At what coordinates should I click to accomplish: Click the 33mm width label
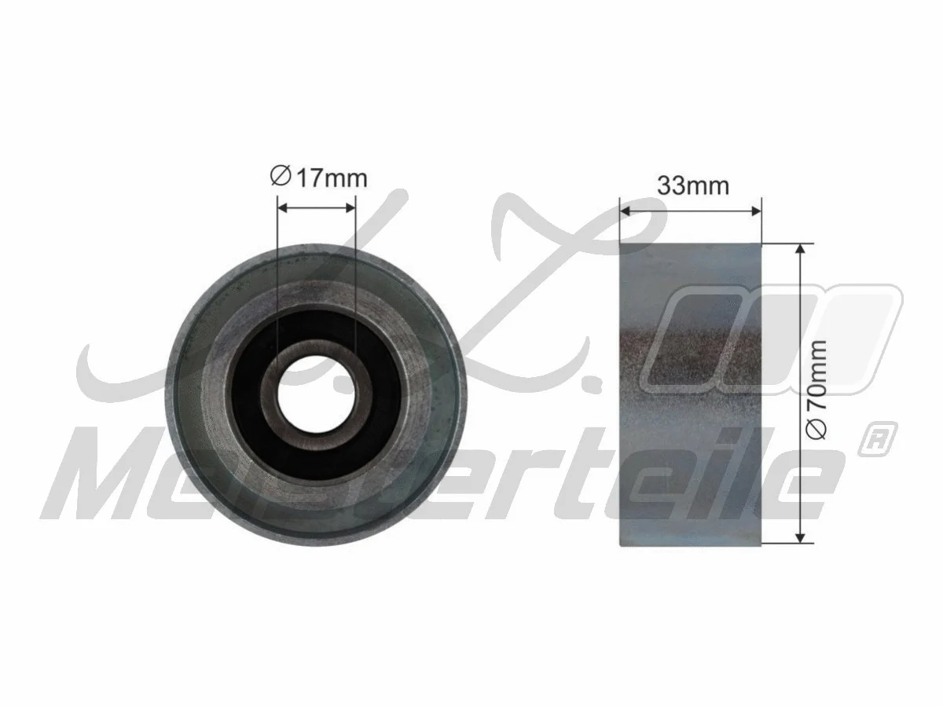click(x=693, y=186)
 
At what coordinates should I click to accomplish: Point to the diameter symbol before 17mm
click(x=281, y=178)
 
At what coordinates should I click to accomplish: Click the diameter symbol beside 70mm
click(x=818, y=428)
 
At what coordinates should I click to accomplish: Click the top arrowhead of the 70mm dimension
click(x=800, y=251)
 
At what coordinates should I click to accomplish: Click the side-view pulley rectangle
click(x=691, y=456)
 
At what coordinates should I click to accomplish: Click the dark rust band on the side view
click(x=691, y=346)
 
